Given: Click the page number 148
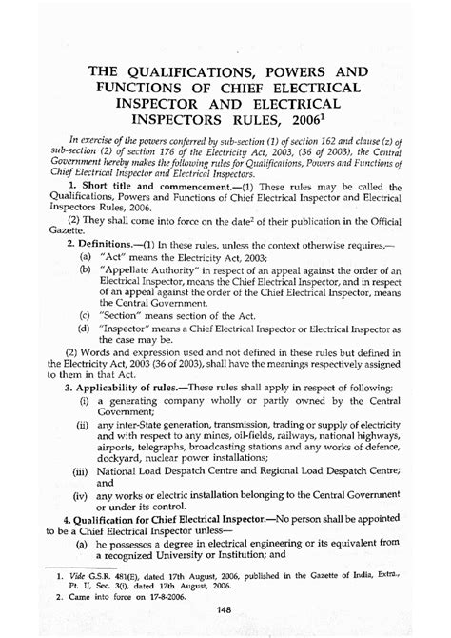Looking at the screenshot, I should coord(226,609).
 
